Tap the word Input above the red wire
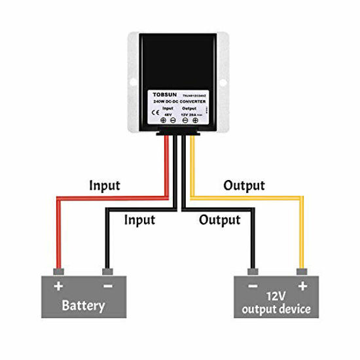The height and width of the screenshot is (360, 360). [105, 185]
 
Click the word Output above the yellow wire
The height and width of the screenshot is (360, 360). [244, 185]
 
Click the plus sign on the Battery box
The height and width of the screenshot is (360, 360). [58, 286]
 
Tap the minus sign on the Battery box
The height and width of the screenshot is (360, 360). [107, 286]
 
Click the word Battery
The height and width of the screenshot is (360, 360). [84, 305]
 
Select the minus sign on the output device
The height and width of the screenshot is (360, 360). [251, 286]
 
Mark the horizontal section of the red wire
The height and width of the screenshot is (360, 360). [111, 196]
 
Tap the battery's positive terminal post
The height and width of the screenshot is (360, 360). [59, 271]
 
